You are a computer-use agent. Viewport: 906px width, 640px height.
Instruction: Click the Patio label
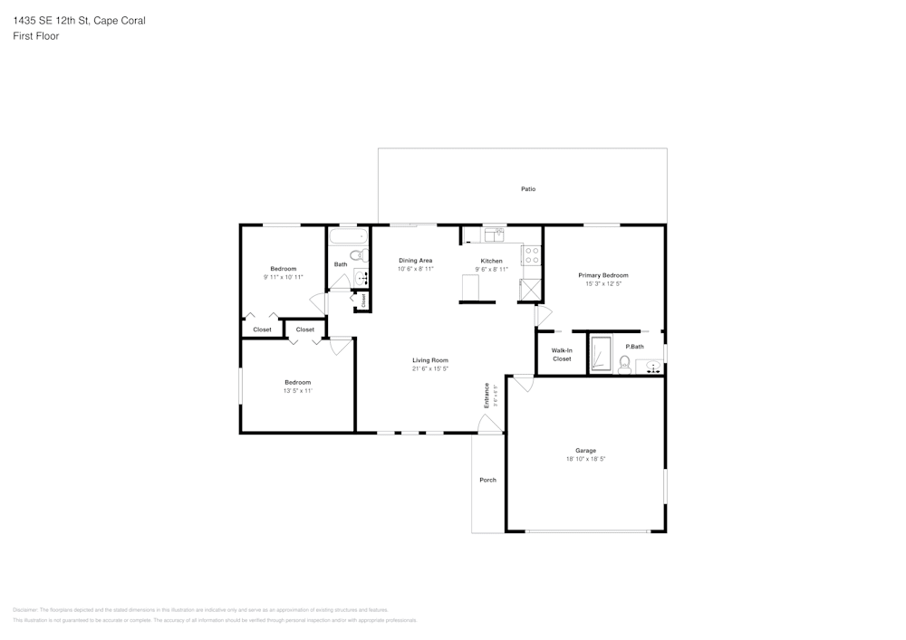(527, 189)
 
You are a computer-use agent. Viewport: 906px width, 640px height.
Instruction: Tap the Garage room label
(585, 451)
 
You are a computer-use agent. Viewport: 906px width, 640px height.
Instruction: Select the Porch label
(487, 480)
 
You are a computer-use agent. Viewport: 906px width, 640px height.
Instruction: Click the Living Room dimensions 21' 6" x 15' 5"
(430, 368)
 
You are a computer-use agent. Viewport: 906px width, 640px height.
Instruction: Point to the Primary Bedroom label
(603, 275)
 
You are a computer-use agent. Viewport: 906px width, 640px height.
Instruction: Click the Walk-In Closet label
(562, 354)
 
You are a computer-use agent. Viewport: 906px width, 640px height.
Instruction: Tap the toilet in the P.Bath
(624, 363)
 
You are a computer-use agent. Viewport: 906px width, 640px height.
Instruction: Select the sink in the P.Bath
(654, 367)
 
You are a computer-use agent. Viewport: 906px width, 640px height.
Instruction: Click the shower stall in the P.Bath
(601, 353)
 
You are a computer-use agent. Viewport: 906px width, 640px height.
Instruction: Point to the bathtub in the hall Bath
(345, 237)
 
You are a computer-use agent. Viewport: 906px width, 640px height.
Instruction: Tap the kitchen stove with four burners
(533, 255)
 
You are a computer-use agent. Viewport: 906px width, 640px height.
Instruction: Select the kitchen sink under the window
(494, 235)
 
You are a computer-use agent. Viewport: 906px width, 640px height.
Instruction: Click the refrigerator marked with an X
(529, 289)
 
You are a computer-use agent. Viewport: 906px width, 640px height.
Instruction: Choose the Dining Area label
(415, 261)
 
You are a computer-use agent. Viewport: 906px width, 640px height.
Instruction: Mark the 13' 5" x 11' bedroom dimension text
(297, 391)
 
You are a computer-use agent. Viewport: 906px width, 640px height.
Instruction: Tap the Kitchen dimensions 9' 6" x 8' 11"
(491, 270)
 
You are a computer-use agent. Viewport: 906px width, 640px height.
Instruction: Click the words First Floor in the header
(36, 36)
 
